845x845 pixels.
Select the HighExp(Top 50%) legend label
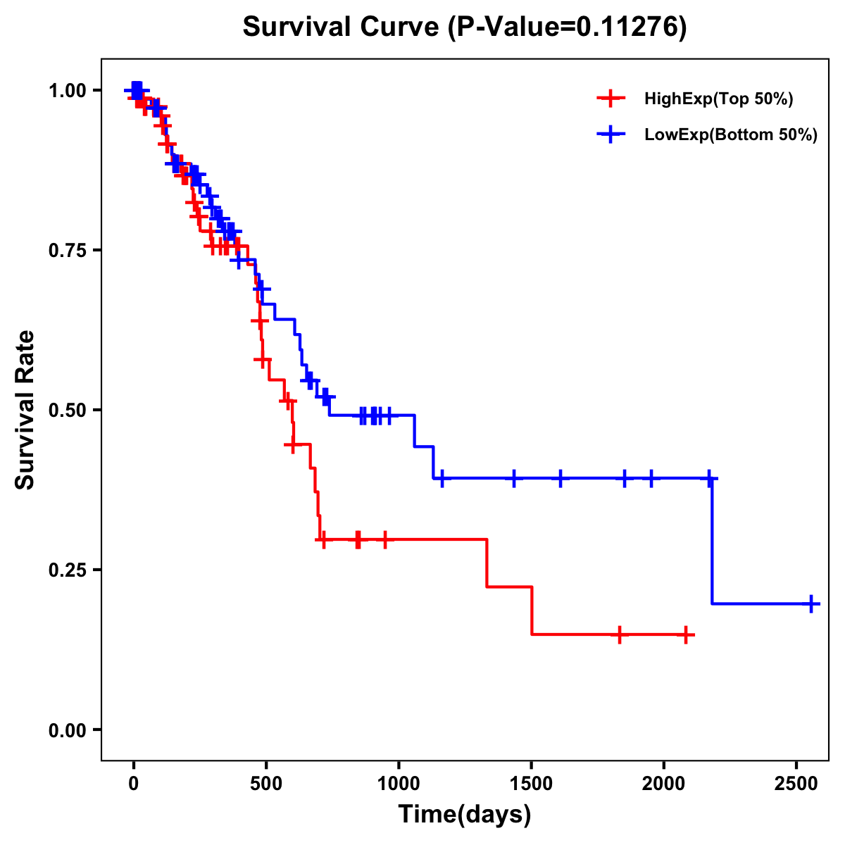[x=719, y=99]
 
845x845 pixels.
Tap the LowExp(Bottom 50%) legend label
[x=731, y=135]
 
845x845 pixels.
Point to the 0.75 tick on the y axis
[x=70, y=250]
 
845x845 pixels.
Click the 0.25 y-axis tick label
[x=70, y=570]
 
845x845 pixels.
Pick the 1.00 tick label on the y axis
[x=70, y=90]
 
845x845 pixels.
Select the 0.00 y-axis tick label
[x=70, y=730]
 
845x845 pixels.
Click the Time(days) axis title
[x=465, y=815]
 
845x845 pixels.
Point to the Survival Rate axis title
[x=25, y=409]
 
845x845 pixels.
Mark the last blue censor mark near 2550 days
[x=811, y=603]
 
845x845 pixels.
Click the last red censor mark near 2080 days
[x=686, y=634]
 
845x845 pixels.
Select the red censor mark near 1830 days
[x=619, y=634]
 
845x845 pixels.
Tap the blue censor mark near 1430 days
[x=514, y=478]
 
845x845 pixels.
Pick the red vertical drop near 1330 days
[x=487, y=563]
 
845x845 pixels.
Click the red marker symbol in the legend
[x=611, y=99]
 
